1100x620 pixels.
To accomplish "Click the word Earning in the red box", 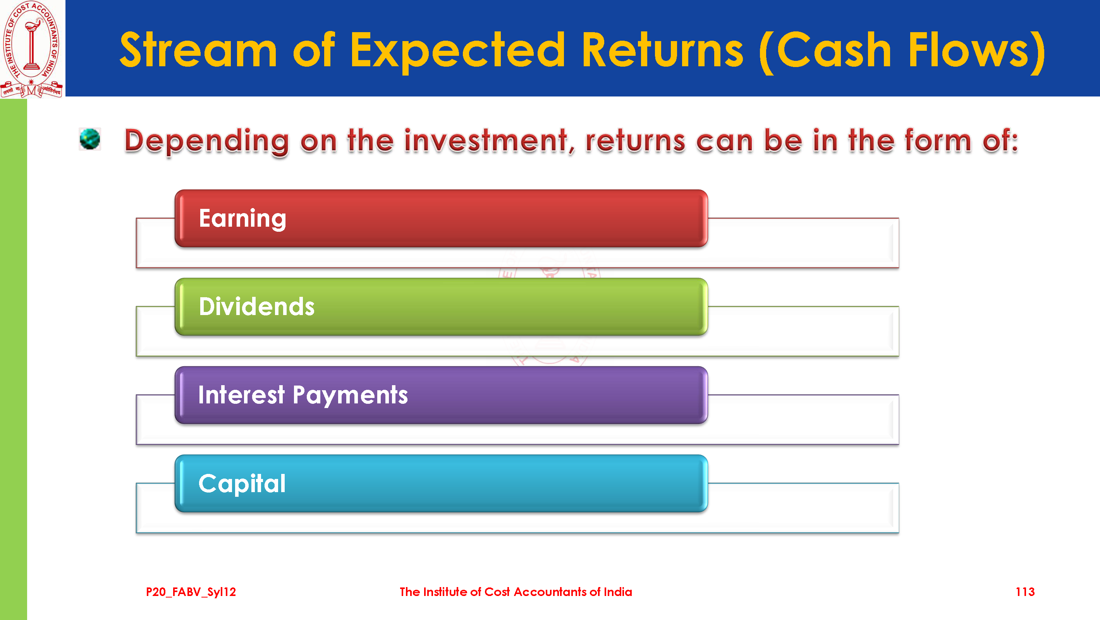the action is tap(242, 219).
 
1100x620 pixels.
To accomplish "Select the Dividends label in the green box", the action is tap(257, 307).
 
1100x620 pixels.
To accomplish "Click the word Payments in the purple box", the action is tap(350, 396).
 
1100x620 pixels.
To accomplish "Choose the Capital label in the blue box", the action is tap(242, 484).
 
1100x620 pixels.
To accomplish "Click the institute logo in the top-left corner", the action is tap(32, 49).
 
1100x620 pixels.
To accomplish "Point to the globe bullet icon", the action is tap(90, 139).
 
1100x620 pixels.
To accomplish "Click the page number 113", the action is tap(1025, 592).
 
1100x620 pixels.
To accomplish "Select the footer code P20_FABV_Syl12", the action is tap(191, 592).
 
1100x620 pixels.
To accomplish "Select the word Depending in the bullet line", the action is tap(207, 141).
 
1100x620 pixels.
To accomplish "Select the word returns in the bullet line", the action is tap(635, 141).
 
